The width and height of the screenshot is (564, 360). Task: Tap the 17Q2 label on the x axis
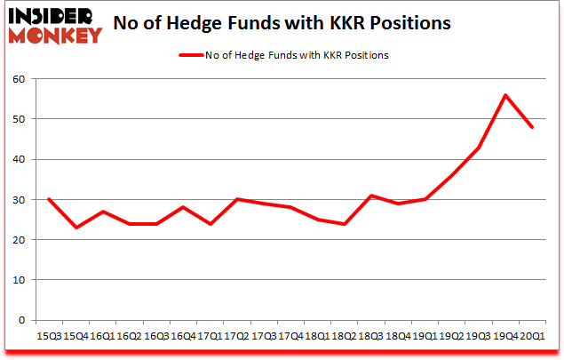237,338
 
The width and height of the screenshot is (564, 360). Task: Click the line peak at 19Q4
505,95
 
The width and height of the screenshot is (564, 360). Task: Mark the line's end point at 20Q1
533,127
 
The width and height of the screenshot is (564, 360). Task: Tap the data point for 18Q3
370,196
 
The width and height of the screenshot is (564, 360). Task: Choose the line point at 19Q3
479,148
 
